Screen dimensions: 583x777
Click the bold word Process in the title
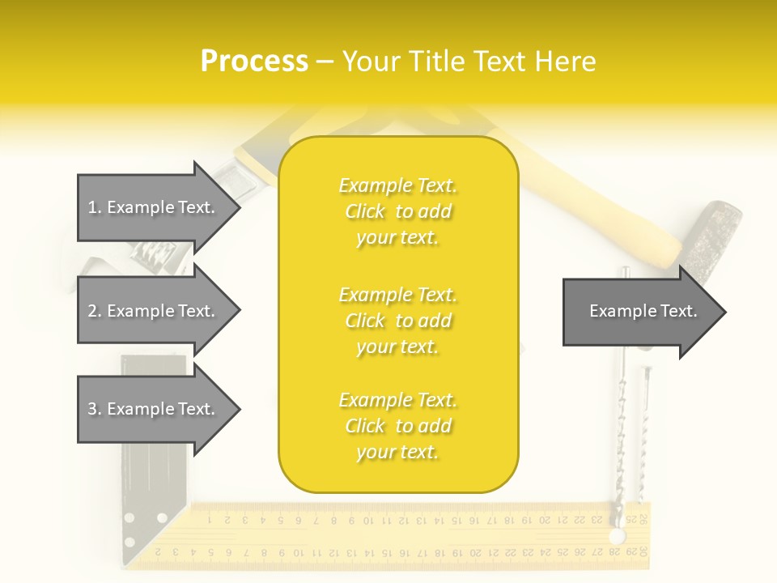(x=254, y=62)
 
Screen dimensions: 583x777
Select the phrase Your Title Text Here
(x=469, y=62)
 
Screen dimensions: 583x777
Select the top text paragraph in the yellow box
(x=398, y=211)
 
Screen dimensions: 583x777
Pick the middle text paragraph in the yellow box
(x=398, y=321)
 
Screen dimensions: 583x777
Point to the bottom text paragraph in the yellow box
(x=398, y=426)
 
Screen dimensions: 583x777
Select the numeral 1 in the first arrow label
(x=91, y=207)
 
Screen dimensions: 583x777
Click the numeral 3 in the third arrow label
(x=91, y=409)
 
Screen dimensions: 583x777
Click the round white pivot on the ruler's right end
(x=618, y=537)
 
